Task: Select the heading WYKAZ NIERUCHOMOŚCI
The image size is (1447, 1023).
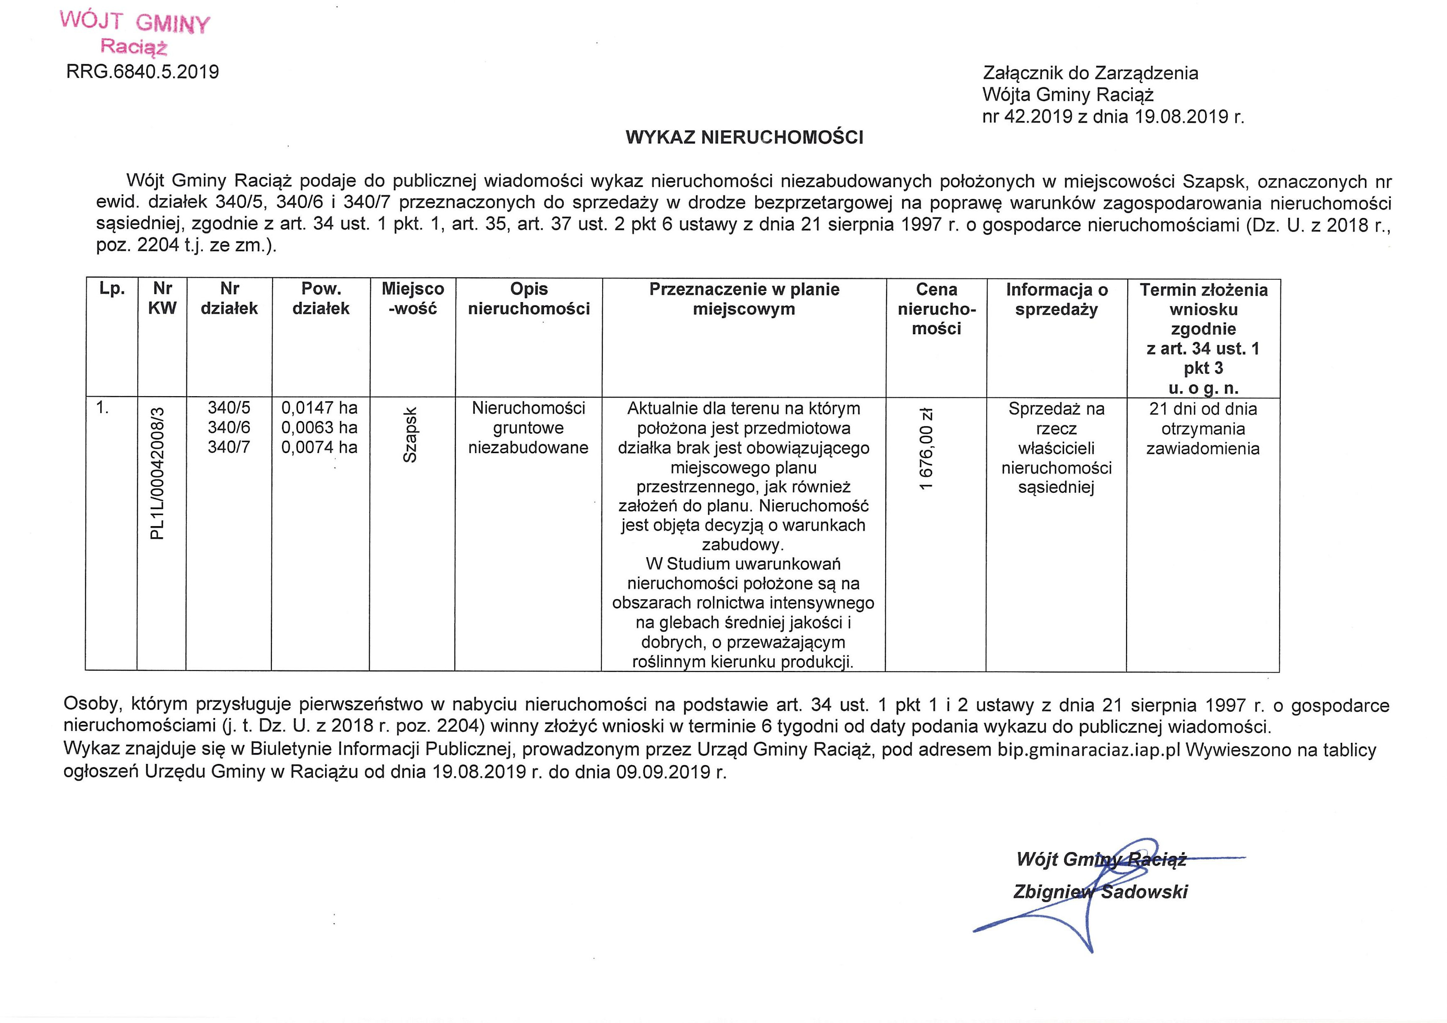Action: click(x=744, y=137)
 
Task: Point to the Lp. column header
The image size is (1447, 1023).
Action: click(x=112, y=289)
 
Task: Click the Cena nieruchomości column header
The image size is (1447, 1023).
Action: click(x=936, y=309)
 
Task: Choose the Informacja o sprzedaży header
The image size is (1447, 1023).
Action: click(x=1056, y=300)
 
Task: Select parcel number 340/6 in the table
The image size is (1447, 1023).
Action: click(x=229, y=428)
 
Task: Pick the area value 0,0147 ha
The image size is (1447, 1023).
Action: click(x=320, y=408)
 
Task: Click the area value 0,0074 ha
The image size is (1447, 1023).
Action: click(x=320, y=447)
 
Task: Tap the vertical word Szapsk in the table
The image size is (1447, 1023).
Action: click(x=410, y=435)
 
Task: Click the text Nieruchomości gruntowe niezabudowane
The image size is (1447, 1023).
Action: click(x=528, y=428)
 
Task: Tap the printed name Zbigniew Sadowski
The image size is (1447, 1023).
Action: click(x=1100, y=891)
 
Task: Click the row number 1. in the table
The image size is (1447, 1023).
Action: click(x=102, y=408)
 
